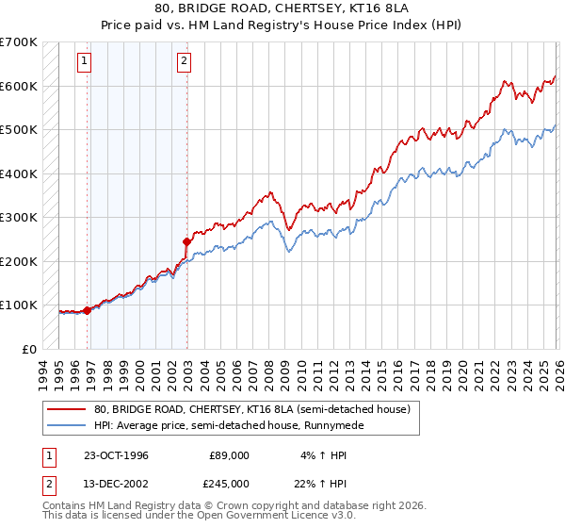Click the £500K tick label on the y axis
19,129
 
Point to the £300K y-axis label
19,217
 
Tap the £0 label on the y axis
28,349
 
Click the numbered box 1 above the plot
84,62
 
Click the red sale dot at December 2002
187,241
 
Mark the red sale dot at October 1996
88,309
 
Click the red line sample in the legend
66,410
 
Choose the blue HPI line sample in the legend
66,426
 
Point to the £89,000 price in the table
229,455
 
